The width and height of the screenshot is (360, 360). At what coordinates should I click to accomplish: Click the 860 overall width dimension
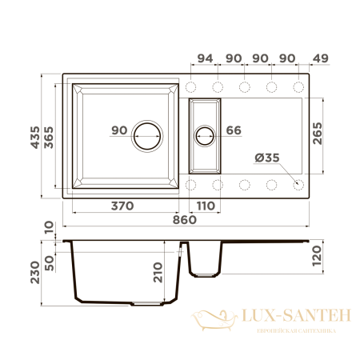(x=185, y=220)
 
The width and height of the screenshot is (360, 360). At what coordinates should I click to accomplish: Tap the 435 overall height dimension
(x=35, y=138)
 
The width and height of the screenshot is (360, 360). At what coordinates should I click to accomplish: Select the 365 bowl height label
(x=49, y=138)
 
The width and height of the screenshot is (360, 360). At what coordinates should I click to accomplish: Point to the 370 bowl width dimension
(x=122, y=206)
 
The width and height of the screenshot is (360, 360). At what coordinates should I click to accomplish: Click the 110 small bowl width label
(x=206, y=206)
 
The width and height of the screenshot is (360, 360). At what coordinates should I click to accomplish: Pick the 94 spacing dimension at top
(x=205, y=58)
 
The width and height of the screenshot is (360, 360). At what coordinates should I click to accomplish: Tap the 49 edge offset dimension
(x=320, y=58)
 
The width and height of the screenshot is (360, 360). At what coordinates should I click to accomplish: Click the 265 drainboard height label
(x=318, y=134)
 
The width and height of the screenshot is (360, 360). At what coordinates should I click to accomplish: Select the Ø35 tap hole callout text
(x=267, y=158)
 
